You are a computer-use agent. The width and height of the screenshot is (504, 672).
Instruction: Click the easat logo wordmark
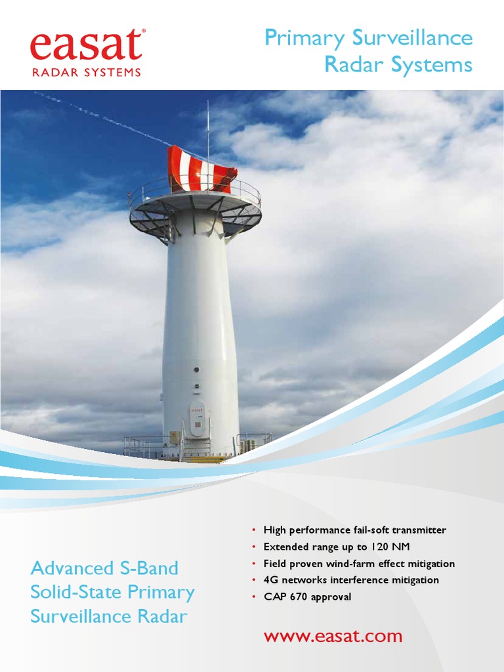pyautogui.click(x=85, y=46)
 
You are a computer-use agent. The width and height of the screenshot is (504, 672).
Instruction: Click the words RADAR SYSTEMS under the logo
pyautogui.click(x=86, y=73)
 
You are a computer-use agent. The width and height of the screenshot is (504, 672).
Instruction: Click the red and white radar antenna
pyautogui.click(x=201, y=170)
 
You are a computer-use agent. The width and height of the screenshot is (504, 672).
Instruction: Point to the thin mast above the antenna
pyautogui.click(x=208, y=125)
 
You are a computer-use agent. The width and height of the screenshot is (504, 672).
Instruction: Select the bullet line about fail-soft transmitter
pyautogui.click(x=354, y=530)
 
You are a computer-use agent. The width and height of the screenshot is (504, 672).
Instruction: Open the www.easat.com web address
pyautogui.click(x=333, y=636)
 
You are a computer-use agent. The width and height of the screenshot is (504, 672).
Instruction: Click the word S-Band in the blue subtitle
pyautogui.click(x=152, y=568)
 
